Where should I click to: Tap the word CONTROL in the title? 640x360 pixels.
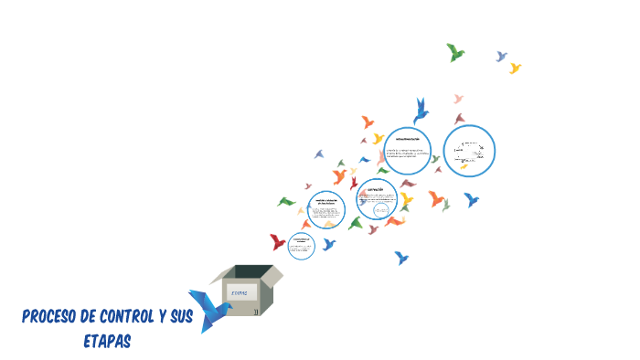[x=124, y=317]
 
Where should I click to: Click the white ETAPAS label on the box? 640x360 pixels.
[x=240, y=292]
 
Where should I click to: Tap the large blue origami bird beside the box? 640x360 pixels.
[x=208, y=309]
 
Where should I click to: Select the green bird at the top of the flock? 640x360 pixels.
[x=454, y=52]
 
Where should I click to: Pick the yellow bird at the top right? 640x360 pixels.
[x=515, y=68]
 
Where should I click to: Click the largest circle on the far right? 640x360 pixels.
[x=470, y=152]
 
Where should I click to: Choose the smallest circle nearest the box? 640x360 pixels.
[x=301, y=245]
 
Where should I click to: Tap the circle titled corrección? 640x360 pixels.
[x=377, y=200]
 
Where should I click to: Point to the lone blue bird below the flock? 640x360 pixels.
[x=400, y=259]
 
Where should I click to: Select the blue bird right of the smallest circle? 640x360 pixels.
[x=328, y=244]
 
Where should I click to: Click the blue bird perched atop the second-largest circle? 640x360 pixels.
[x=421, y=110]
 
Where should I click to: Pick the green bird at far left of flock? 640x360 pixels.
[x=287, y=201]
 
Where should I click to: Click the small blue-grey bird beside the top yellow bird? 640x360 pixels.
[x=501, y=57]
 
